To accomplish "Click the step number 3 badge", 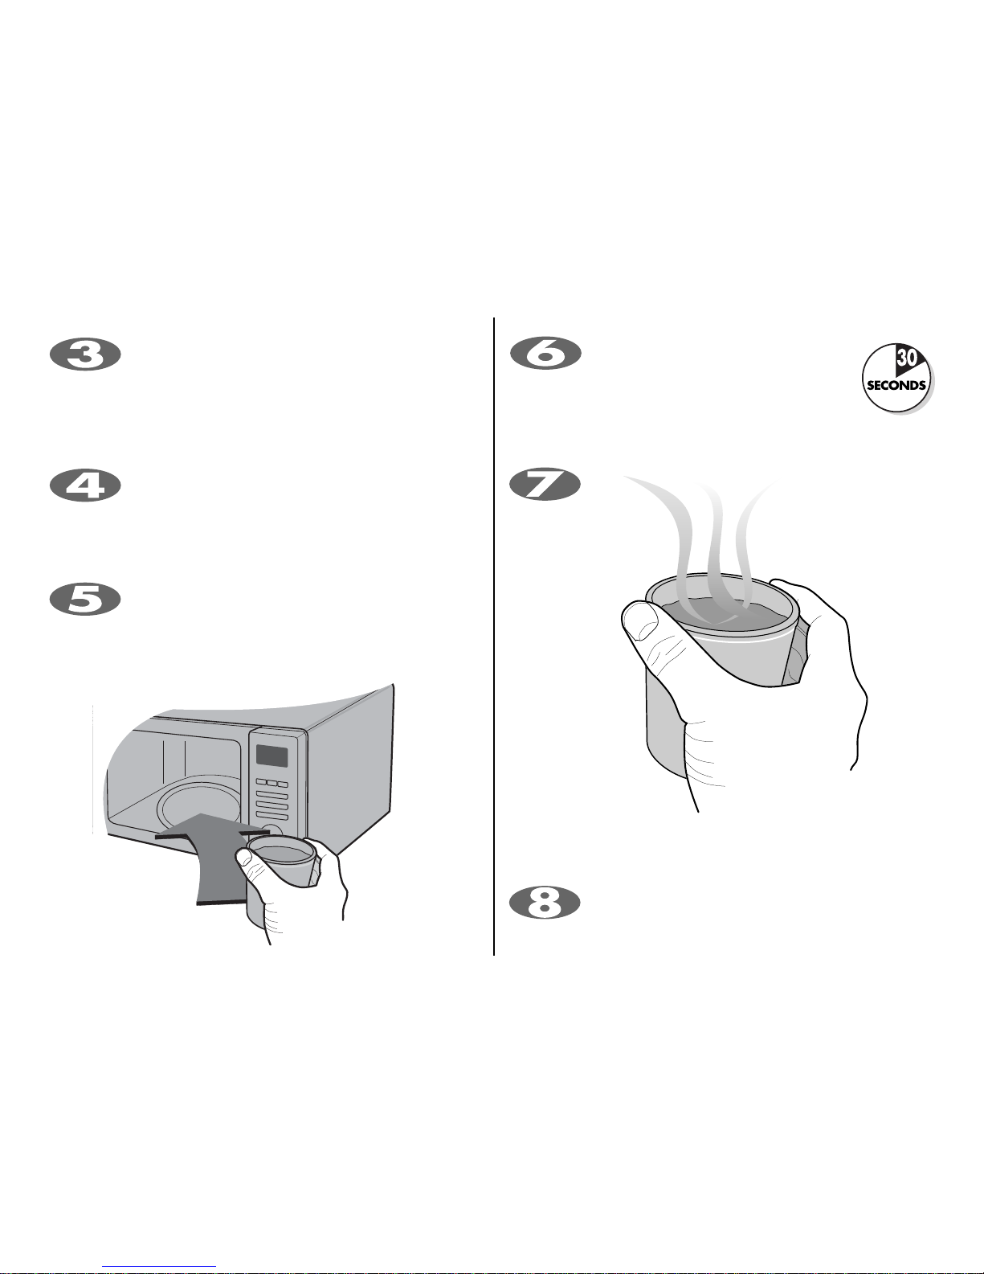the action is (85, 354).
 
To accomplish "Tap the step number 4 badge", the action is (85, 485).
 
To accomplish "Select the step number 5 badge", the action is (85, 599).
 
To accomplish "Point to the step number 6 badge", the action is (546, 354).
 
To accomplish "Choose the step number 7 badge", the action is (545, 484).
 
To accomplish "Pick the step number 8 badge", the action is (545, 903).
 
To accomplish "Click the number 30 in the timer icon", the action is (906, 358).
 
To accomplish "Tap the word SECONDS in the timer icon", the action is (896, 385).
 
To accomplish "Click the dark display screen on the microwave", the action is (272, 756).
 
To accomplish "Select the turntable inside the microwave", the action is (198, 807).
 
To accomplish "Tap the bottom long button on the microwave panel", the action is (272, 816).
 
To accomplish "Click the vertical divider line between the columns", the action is (494, 637).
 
